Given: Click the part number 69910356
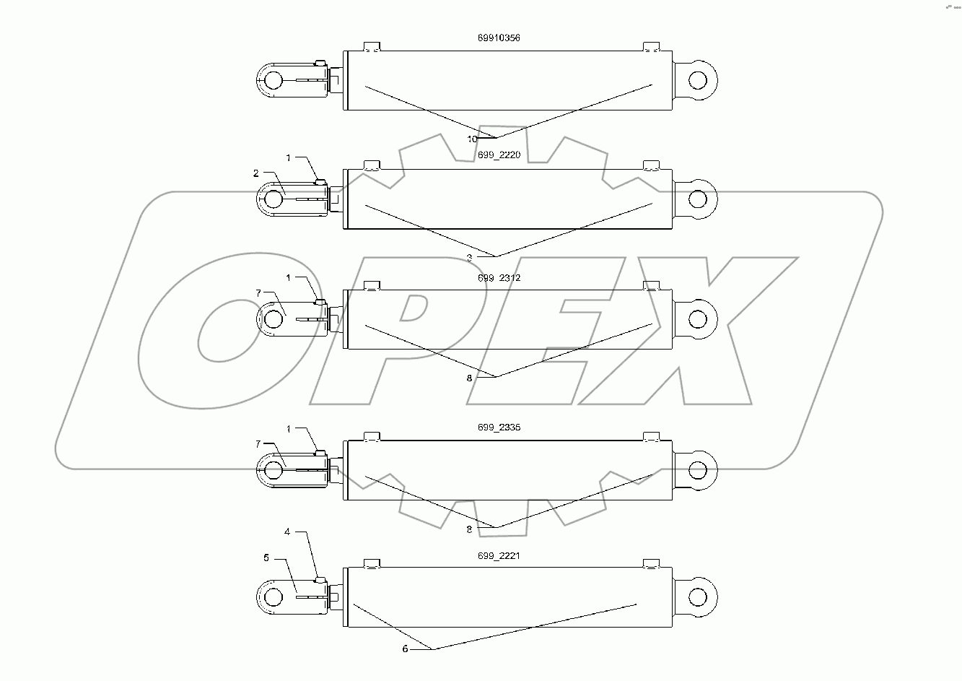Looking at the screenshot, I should pos(499,38).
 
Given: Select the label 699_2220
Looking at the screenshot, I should pos(499,157).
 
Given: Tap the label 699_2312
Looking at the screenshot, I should pos(499,277).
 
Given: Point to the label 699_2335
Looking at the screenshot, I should pos(499,428).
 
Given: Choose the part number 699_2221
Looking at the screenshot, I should pos(499,556).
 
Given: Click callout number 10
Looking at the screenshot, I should pos(472,139).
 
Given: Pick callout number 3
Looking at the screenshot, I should pos(469,257).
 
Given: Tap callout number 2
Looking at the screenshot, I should pos(255,173).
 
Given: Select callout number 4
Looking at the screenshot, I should pos(287,532).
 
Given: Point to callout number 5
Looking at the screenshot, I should pos(266,558).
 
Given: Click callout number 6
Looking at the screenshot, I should pos(405,649).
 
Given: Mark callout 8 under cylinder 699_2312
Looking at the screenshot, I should pos(469,377).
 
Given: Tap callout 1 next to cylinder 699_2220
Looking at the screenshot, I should pos(289,157).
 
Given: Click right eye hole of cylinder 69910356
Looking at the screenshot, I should pos(698,78).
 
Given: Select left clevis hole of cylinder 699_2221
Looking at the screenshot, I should pos(273,597).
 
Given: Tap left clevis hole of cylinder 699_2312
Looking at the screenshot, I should pos(273,318).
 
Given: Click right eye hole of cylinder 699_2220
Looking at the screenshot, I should pos(698,199).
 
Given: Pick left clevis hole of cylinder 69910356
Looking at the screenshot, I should pos(273,79).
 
